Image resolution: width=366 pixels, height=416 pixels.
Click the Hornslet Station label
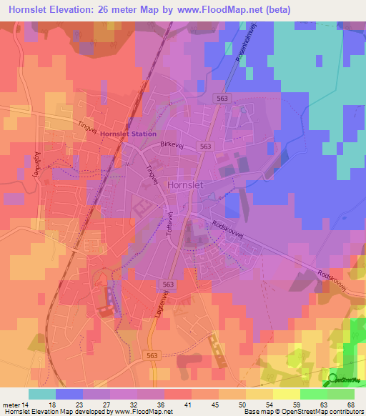(x=129, y=134)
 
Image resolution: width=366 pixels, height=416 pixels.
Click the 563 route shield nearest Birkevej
(x=206, y=146)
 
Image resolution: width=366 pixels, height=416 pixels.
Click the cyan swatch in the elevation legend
(x=42, y=393)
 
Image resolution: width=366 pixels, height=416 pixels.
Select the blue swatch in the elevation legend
(x=69, y=393)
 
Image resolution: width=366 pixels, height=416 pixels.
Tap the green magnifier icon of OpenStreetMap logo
(x=333, y=379)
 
